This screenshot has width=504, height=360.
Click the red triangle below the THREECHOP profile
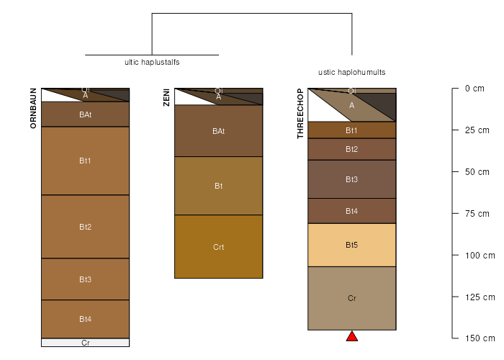[352, 336]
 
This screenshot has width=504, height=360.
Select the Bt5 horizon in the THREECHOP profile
[352, 245]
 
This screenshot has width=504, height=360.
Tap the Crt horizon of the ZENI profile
[219, 246]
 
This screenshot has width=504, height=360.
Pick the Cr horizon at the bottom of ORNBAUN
[85, 343]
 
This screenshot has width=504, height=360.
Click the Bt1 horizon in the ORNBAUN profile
[85, 161]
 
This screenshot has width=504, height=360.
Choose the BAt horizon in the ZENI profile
[219, 131]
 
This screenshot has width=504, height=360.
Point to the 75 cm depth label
[477, 214]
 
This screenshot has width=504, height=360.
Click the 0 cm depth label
[474, 89]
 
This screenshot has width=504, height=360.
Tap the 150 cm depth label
[480, 338]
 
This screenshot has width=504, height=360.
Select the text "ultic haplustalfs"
[152, 62]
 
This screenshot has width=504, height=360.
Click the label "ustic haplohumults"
[352, 72]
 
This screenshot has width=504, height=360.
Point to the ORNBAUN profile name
[33, 108]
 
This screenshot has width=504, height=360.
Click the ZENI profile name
[166, 97]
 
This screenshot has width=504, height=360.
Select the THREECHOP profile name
[300, 114]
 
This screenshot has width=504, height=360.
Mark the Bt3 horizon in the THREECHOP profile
[352, 179]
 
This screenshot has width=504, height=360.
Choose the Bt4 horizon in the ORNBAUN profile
[85, 319]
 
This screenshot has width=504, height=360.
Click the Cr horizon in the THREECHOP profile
[352, 298]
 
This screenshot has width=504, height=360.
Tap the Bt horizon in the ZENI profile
[219, 186]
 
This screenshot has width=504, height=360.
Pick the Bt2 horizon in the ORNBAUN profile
[85, 227]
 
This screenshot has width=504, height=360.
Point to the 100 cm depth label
[480, 256]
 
